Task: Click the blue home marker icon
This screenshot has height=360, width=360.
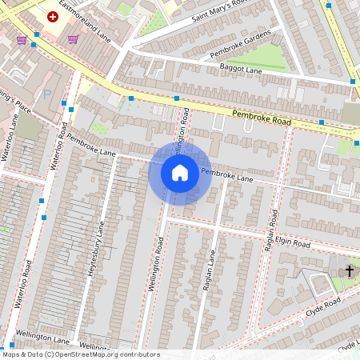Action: [x=180, y=173]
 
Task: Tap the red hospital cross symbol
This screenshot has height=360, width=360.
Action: [x=54, y=16]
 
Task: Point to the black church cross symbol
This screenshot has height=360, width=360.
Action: [x=349, y=271]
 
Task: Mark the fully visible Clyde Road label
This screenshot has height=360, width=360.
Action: [x=322, y=309]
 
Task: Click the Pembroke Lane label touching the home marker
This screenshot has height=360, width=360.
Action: [x=227, y=176]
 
